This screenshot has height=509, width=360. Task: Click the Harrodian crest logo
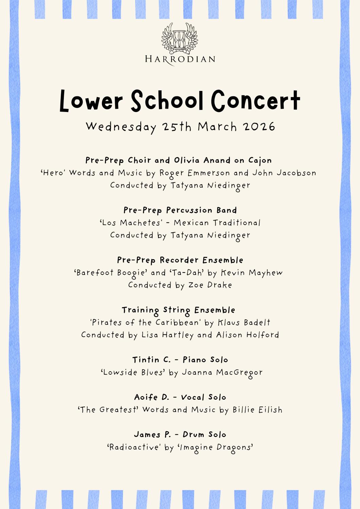point(180,38)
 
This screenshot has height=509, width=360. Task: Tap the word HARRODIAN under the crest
point(180,59)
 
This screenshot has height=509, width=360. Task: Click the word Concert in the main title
point(256,101)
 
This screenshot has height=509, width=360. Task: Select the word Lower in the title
point(91,101)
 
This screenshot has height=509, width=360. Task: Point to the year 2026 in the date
point(259,127)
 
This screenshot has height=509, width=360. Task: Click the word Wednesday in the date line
point(121,127)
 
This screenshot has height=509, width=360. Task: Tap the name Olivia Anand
point(202,160)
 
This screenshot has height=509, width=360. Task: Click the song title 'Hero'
point(53,173)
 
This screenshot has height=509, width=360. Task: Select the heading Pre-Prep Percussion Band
point(180,210)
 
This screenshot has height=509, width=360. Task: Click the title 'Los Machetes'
point(131,223)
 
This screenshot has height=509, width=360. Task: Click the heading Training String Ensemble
point(179,310)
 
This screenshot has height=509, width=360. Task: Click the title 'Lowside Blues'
point(133,373)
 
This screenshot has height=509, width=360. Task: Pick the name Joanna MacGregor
point(222,373)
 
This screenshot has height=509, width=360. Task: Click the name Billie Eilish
point(257,410)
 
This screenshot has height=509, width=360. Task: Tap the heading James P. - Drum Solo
point(180,435)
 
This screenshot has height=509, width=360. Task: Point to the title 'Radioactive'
point(133,447)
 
